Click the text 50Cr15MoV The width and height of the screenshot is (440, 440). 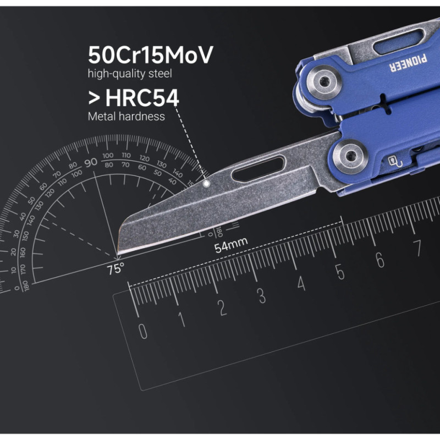click(x=150, y=55)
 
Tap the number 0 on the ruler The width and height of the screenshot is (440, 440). click(x=142, y=332)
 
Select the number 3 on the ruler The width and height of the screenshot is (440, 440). click(x=262, y=295)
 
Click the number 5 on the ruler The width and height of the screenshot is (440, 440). click(x=340, y=272)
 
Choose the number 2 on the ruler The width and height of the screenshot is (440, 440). click(x=222, y=308)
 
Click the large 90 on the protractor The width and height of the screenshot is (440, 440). click(x=91, y=162)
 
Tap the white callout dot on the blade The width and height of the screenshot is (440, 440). click(x=206, y=184)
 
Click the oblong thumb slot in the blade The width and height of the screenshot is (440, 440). click(x=258, y=169)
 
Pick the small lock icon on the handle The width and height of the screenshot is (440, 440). click(x=394, y=161)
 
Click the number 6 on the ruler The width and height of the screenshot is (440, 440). click(x=380, y=260)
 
